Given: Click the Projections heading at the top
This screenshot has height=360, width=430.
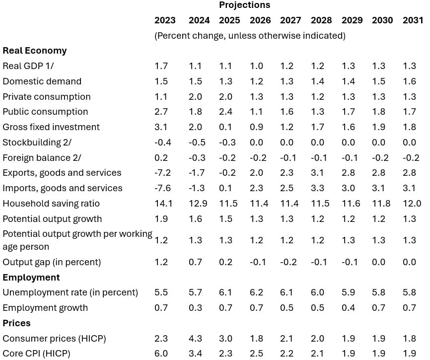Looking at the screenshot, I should (245, 5).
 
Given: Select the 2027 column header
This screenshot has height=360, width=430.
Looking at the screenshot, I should (290, 20).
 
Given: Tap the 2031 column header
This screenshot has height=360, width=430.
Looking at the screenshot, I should (413, 20).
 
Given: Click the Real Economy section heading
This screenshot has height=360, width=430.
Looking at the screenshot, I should (35, 51).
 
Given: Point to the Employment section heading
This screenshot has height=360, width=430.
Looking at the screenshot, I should (31, 278).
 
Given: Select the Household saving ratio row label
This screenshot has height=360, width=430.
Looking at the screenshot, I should (51, 204).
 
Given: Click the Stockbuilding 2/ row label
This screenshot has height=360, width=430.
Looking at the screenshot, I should (37, 143).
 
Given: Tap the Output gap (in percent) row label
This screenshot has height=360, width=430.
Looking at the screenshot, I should (52, 262).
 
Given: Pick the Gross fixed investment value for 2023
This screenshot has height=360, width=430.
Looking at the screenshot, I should (161, 127).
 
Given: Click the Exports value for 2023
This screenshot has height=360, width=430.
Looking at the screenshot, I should (161, 173).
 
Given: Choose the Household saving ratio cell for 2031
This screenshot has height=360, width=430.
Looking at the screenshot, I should (412, 204).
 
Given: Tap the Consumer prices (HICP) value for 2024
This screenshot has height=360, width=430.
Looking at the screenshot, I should (195, 339).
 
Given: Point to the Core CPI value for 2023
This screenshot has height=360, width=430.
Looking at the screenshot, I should (161, 354).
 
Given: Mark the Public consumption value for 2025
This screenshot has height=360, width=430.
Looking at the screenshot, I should (226, 112).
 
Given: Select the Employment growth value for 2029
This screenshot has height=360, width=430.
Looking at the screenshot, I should (349, 308).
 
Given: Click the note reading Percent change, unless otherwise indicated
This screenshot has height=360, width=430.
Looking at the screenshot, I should (250, 36).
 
